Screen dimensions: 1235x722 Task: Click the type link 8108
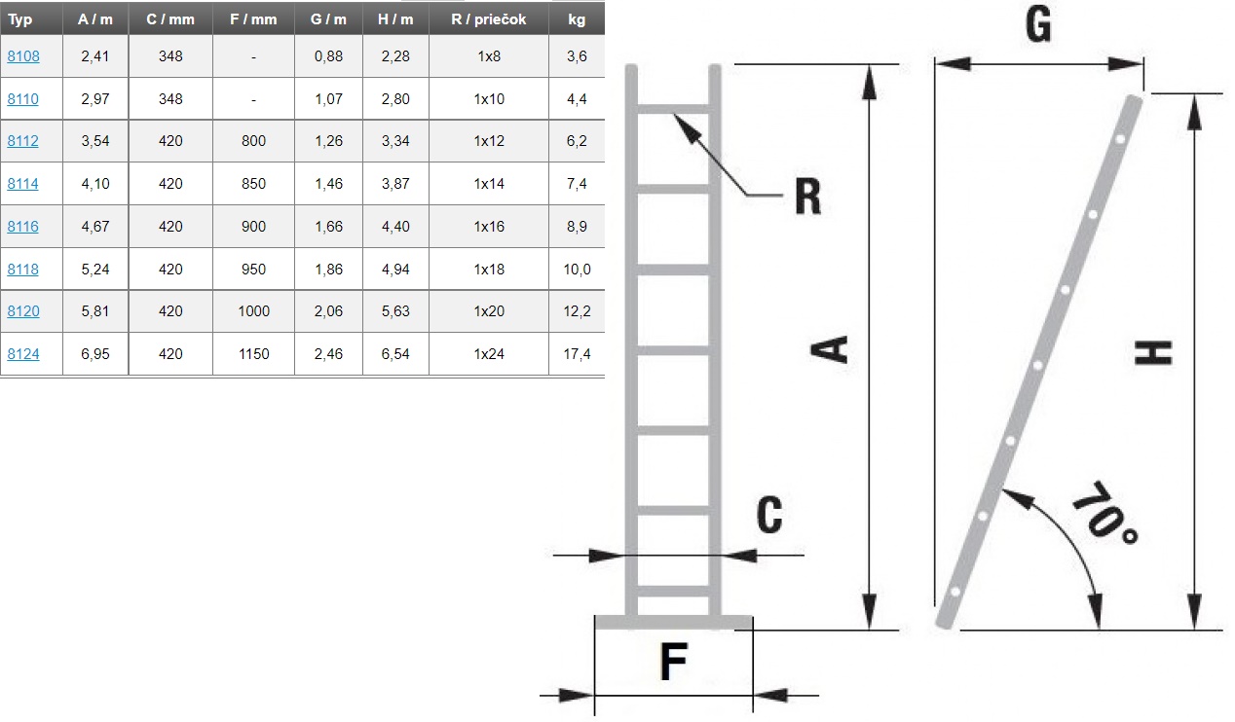click(x=23, y=56)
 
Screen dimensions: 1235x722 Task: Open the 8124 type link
click(x=23, y=353)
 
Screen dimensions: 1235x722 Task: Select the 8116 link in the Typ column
click(x=23, y=227)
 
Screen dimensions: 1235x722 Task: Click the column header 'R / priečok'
click(x=489, y=19)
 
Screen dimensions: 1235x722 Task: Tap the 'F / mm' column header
click(x=253, y=19)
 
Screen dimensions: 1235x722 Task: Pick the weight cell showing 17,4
click(x=577, y=353)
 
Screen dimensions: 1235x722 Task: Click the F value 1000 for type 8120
click(x=253, y=311)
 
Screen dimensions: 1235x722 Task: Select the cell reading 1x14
click(x=489, y=183)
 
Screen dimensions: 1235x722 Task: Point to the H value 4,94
click(x=395, y=269)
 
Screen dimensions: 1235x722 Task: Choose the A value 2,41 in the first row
click(x=94, y=56)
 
